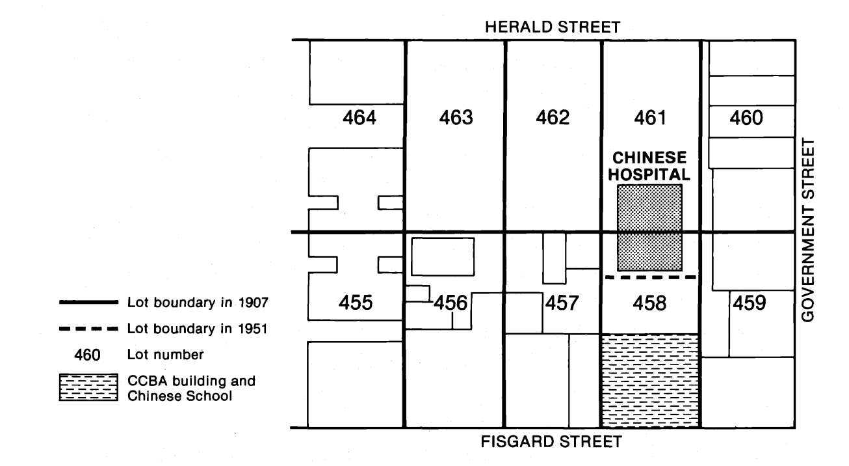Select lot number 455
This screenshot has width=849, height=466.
358,303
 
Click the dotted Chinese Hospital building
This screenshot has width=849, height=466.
649,227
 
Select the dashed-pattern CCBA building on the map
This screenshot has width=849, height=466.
650,380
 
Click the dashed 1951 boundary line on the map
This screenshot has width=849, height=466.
650,277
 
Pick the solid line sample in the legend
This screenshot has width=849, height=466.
88,303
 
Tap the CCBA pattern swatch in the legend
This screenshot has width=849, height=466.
88,389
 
